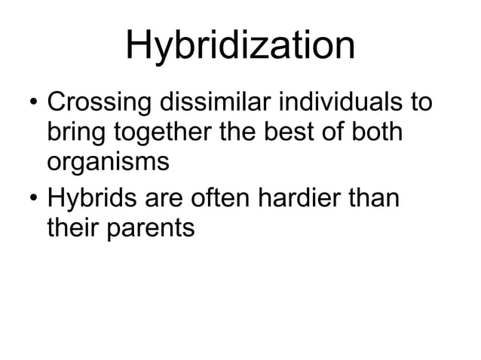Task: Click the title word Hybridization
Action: [x=240, y=47]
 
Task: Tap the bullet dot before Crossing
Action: [x=30, y=101]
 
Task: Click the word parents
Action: [x=151, y=227]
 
